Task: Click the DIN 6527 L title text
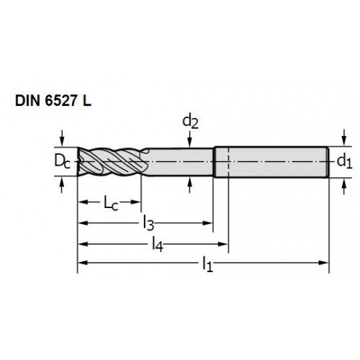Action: pyautogui.click(x=53, y=101)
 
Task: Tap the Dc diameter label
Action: pyautogui.click(x=62, y=161)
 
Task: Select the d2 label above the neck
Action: pyautogui.click(x=190, y=122)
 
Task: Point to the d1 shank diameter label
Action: pyautogui.click(x=344, y=161)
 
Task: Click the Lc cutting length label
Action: pyautogui.click(x=111, y=203)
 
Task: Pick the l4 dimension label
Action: pyautogui.click(x=158, y=245)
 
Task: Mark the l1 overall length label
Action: pyautogui.click(x=207, y=264)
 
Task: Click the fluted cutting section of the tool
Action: pyautogui.click(x=112, y=162)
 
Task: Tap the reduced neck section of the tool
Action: pyautogui.click(x=180, y=162)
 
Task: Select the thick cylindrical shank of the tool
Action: pyautogui.click(x=271, y=162)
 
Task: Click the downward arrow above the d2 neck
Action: pyautogui.click(x=190, y=139)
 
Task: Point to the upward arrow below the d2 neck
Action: pyautogui.click(x=190, y=185)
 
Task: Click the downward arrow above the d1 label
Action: pyautogui.click(x=344, y=138)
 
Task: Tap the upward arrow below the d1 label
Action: pyautogui.click(x=344, y=186)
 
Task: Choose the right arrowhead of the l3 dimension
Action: pyautogui.click(x=207, y=223)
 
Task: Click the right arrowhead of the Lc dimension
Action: pyautogui.click(x=135, y=202)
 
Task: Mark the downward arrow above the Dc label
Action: pyautogui.click(x=62, y=138)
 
